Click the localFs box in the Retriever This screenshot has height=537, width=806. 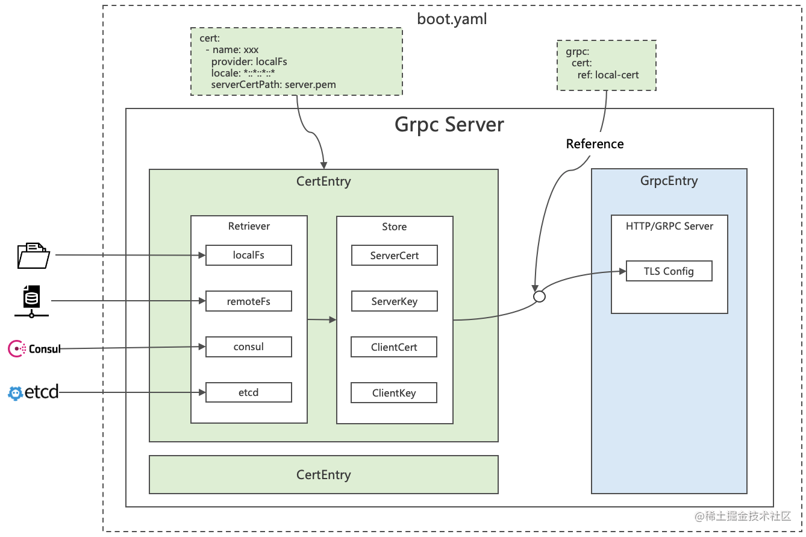click(248, 255)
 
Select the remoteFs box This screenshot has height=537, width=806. click(248, 301)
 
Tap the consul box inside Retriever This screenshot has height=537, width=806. click(248, 347)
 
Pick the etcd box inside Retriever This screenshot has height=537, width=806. click(248, 392)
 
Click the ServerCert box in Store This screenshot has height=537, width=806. click(394, 255)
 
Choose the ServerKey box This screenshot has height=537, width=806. click(394, 301)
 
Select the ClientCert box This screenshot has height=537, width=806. click(394, 347)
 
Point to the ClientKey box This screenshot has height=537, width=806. click(394, 393)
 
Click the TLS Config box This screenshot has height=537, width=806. click(669, 271)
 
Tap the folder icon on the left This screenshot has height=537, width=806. click(33, 255)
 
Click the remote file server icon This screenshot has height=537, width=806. click(31, 301)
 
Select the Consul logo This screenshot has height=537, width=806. click(34, 348)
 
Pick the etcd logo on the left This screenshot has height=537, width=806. click(33, 392)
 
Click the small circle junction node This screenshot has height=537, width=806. click(539, 297)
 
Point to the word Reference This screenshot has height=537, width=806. click(595, 143)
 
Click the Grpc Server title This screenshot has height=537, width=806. click(449, 124)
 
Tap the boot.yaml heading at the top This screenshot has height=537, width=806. click(452, 19)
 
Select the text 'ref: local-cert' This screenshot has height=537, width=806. click(604, 75)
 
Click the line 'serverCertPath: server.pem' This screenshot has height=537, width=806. click(273, 84)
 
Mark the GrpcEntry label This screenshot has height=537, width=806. click(669, 181)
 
